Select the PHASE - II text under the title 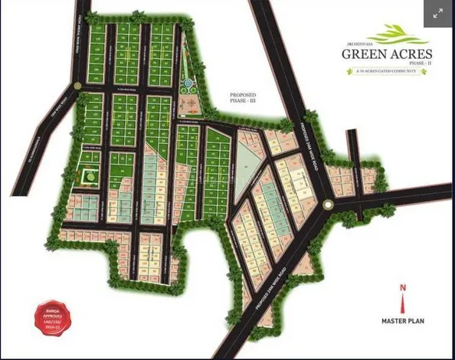(x=419, y=64)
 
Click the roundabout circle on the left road (x=78, y=85)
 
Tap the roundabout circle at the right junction (x=328, y=204)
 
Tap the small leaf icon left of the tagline (x=356, y=71)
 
